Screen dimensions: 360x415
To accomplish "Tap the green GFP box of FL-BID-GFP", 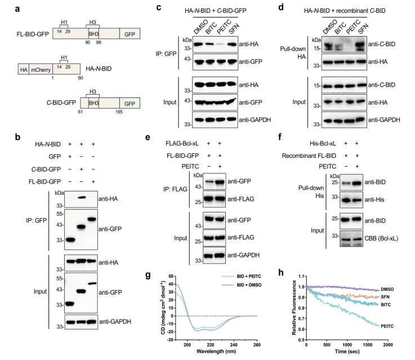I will [130, 34].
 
